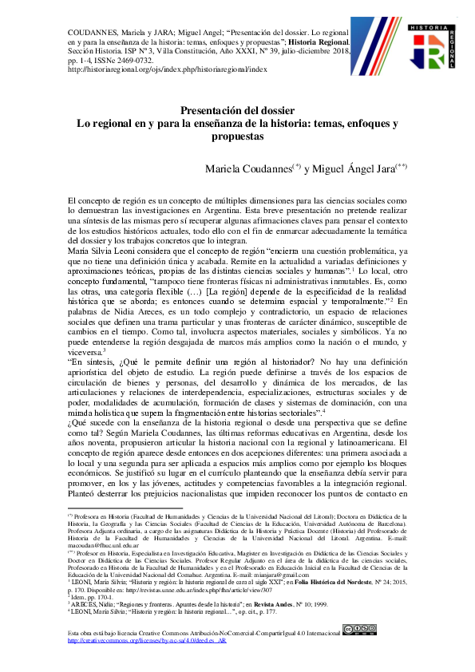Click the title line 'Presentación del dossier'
[x=236, y=111]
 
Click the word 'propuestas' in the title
[x=236, y=136]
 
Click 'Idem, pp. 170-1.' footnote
[x=93, y=595]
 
